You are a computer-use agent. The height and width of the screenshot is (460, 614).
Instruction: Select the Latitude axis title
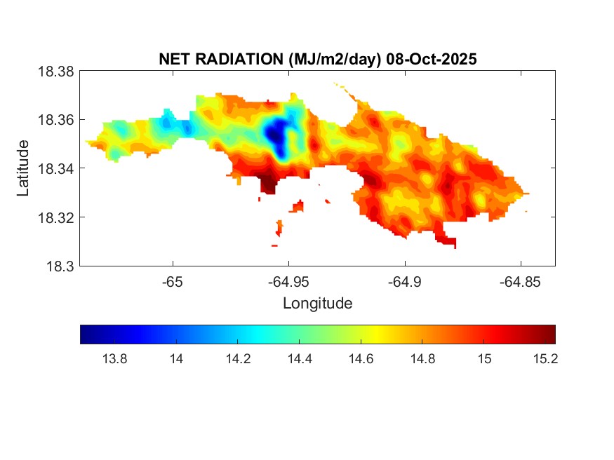pos(23,168)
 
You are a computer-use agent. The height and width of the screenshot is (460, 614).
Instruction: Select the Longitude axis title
pos(317,304)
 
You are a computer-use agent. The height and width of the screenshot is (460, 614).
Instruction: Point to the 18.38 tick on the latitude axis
pos(55,72)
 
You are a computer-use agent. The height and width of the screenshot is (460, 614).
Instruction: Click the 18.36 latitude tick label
pos(55,120)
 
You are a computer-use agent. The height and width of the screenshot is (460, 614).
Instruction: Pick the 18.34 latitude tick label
pos(55,168)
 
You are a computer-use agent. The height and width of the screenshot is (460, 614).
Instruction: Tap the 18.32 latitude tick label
pos(55,217)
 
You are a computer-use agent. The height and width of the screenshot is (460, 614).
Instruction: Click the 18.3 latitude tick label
pos(60,266)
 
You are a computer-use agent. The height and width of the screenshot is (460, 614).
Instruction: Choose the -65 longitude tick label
pos(172,281)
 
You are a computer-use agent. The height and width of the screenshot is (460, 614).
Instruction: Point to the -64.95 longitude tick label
pos(288,281)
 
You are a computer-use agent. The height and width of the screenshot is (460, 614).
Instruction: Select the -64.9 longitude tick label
pos(404,281)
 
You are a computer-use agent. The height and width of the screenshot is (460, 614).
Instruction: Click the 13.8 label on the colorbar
pos(114,359)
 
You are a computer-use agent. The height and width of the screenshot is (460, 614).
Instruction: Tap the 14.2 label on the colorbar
pos(238,359)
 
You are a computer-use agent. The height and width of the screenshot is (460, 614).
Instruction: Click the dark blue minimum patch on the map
pos(278,132)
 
